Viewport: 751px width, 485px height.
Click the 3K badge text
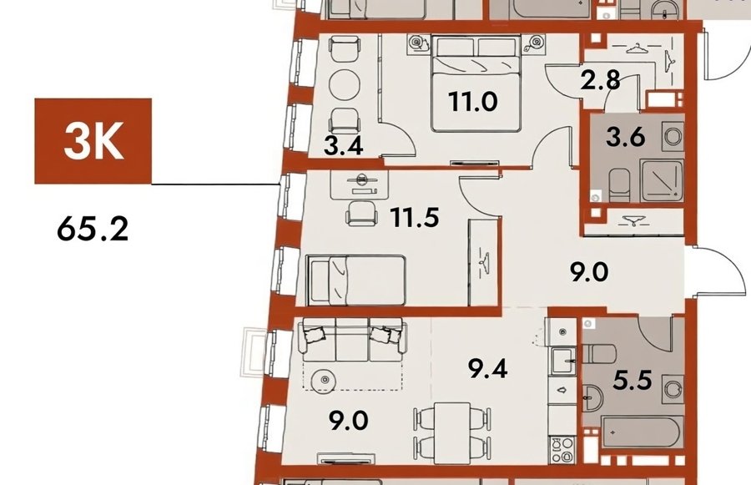pos(93,141)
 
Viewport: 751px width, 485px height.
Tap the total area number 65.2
pos(93,229)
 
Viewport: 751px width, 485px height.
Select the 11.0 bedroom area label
pos(473,102)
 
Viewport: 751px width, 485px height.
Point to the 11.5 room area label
pos(415,218)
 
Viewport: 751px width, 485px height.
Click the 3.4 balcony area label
pos(344,146)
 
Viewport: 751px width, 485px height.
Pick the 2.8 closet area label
pos(601,80)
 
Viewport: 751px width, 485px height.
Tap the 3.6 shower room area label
pos(626,138)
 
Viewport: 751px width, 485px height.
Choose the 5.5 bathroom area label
pos(633,381)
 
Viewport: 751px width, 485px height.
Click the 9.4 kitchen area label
pos(488,369)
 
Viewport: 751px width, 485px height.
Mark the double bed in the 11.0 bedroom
pos(476,83)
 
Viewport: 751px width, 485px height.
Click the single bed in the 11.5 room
pos(356,280)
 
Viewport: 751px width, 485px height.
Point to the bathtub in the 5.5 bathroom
pos(640,432)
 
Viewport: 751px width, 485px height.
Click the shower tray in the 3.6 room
pos(663,180)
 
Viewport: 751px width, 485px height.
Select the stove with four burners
pos(562,450)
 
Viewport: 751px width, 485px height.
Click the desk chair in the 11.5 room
pos(361,213)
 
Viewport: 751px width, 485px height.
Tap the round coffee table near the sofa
pos(325,381)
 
